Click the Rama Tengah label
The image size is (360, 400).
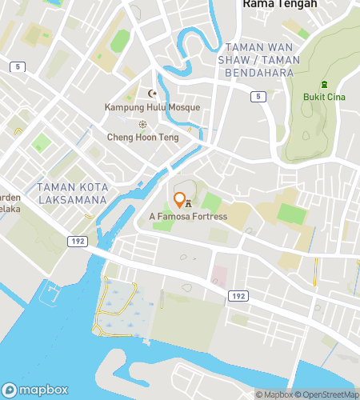[279, 4]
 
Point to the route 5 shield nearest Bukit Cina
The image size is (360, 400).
[256, 96]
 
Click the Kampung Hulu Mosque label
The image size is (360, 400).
[152, 106]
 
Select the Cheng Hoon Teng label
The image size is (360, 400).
[142, 137]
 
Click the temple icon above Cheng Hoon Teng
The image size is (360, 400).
[143, 124]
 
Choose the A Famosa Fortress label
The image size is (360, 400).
[188, 216]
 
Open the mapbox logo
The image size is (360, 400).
[34, 390]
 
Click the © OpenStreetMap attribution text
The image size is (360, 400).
[328, 394]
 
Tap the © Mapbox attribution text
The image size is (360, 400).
[274, 394]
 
